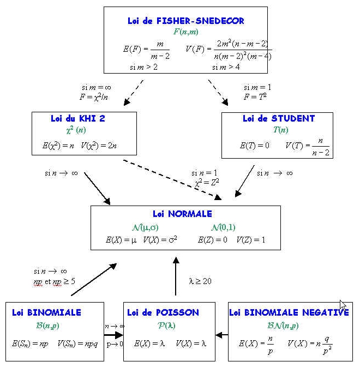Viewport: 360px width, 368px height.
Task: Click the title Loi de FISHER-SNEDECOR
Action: click(185, 21)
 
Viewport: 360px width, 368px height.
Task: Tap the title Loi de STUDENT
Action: click(279, 118)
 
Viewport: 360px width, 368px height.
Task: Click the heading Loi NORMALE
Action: click(183, 214)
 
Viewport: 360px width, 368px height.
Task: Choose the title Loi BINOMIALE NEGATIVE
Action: click(289, 313)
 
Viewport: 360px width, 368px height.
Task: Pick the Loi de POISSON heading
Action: click(163, 313)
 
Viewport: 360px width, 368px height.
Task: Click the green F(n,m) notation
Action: click(185, 32)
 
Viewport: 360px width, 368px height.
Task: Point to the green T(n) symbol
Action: click(280, 130)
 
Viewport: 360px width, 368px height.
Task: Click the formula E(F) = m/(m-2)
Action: click(146, 49)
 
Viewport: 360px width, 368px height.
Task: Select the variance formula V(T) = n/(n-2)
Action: click(308, 146)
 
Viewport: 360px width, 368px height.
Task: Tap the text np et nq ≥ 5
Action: click(55, 282)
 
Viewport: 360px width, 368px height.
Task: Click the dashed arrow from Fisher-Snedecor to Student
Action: click(218, 92)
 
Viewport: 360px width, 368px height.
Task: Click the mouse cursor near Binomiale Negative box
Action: click(343, 305)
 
